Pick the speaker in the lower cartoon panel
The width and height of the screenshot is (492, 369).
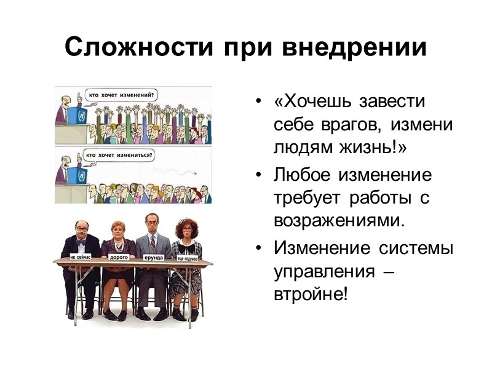coord(63,169)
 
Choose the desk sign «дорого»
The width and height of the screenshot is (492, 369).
coord(119,257)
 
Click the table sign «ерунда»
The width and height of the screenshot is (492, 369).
coord(153,256)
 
